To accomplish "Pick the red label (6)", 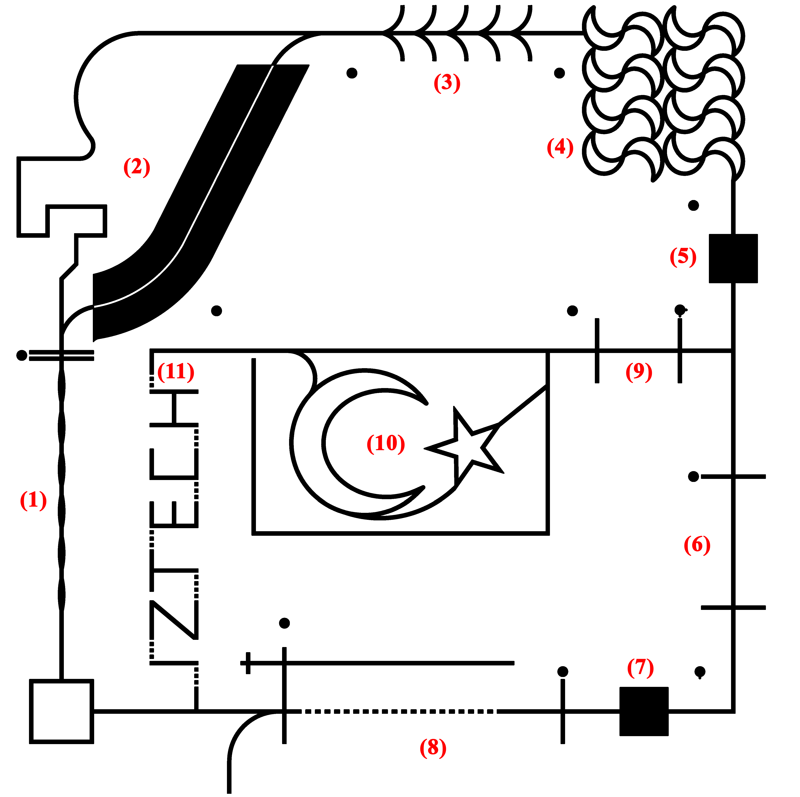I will tap(697, 545).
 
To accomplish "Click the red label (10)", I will tap(386, 443).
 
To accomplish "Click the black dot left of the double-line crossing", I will tap(22, 355).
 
